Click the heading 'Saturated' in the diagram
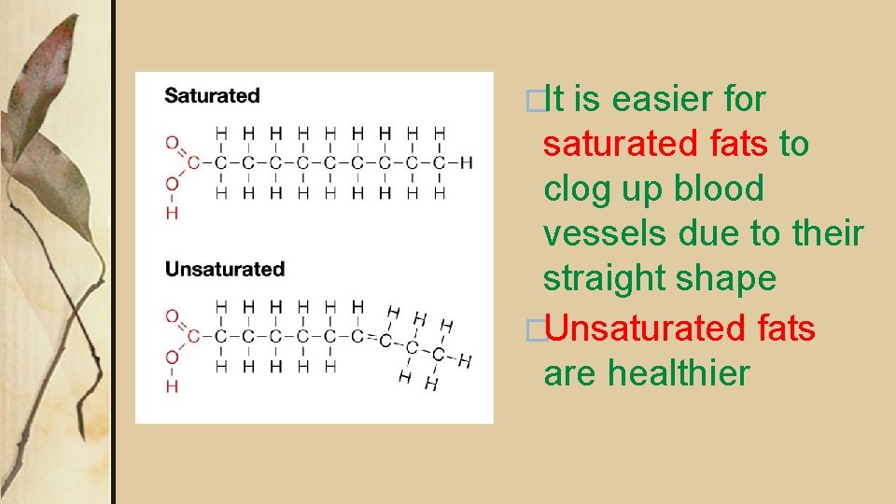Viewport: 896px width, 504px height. point(212,95)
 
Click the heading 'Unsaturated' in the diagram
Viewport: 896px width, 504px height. point(224,269)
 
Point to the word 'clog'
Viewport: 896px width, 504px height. point(580,189)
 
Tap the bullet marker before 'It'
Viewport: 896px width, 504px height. point(533,100)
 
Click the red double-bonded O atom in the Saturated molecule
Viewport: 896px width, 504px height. point(171,143)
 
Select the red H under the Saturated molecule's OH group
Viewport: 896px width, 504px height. point(171,213)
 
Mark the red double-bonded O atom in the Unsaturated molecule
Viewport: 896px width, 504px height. point(171,315)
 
